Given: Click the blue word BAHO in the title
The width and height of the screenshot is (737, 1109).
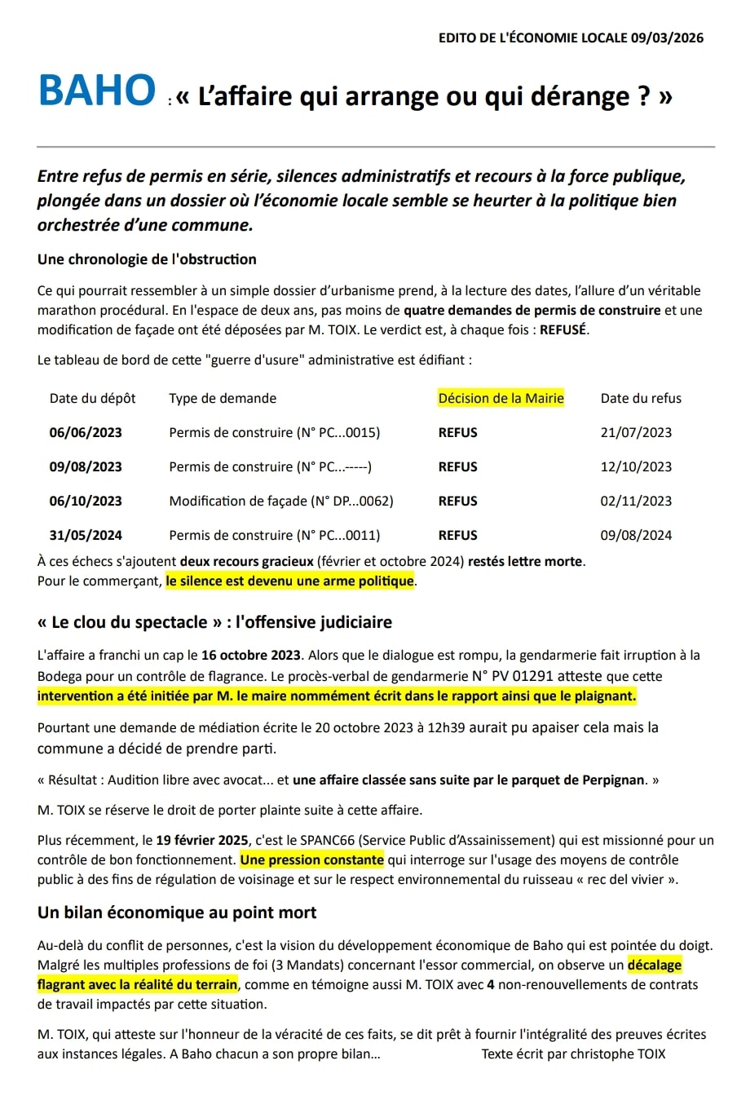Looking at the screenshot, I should (x=96, y=91).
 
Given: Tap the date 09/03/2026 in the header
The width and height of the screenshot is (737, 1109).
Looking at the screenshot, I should (x=667, y=38).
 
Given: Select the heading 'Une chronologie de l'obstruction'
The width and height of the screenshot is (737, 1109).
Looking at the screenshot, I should (x=147, y=259).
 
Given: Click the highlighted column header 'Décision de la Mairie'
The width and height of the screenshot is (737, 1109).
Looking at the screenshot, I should (x=501, y=398).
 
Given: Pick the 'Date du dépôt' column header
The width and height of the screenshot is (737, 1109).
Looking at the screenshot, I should (x=92, y=398).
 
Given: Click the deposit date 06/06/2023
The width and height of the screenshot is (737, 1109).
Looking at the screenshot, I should (x=86, y=432).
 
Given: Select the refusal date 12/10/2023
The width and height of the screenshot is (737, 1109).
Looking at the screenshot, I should (x=636, y=466).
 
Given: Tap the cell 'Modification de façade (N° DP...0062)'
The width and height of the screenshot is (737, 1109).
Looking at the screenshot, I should (x=280, y=501).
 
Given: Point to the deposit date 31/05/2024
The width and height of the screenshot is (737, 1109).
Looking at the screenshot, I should (x=86, y=535).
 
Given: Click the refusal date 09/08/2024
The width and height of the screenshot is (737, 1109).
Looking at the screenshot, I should (x=636, y=535).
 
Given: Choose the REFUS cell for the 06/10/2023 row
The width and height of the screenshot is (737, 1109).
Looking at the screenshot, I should (x=457, y=501).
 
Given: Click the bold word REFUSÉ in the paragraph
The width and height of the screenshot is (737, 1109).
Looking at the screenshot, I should (x=563, y=329).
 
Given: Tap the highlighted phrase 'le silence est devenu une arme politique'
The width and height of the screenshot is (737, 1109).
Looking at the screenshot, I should (x=289, y=581).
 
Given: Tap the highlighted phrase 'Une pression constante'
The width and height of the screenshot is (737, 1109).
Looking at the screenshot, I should (x=311, y=859).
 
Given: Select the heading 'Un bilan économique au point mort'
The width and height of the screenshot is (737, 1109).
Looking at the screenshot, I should (x=177, y=912).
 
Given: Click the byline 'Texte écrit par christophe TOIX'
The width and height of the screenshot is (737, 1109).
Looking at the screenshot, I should (x=573, y=1054).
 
